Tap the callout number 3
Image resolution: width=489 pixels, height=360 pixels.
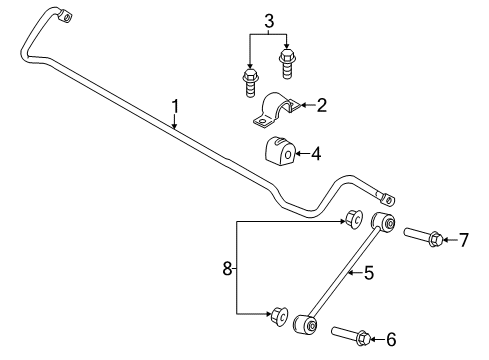(x=268, y=20)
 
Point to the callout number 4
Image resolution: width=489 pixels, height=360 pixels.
(x=316, y=154)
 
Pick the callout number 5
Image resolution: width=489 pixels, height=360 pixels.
(x=368, y=271)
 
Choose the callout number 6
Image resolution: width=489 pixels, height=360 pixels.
(x=389, y=339)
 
